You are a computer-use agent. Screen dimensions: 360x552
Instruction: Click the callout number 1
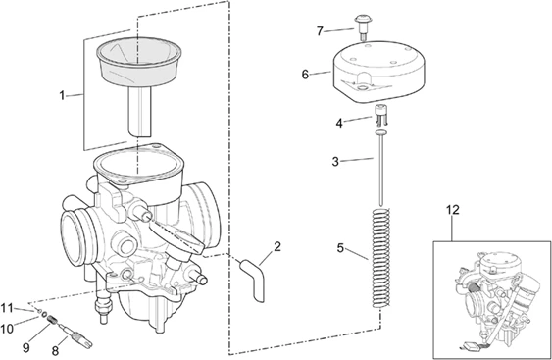(62, 95)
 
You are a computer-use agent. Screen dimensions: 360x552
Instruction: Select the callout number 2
(277, 246)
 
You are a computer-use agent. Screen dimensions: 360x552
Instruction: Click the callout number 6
(305, 74)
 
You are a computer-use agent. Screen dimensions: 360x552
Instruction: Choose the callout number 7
(320, 31)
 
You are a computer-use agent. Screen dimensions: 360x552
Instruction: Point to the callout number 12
(452, 211)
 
